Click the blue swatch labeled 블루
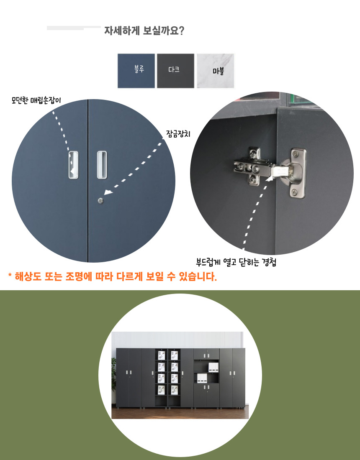[x=136, y=71]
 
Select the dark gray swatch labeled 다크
[x=175, y=71]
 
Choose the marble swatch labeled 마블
[x=215, y=71]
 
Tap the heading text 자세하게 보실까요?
[x=144, y=31]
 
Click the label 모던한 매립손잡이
[x=36, y=101]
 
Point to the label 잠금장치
[x=178, y=134]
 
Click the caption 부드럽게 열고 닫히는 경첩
[x=236, y=262]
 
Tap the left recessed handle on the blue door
[x=73, y=165]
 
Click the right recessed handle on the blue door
[x=102, y=165]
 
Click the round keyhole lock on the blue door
[x=101, y=201]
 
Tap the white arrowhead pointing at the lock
[x=108, y=192]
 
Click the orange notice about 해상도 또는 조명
[x=113, y=277]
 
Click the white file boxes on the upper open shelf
[x=213, y=367]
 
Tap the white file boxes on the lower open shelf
[x=202, y=378]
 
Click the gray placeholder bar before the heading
[x=74, y=28]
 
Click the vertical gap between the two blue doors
[x=88, y=181]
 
